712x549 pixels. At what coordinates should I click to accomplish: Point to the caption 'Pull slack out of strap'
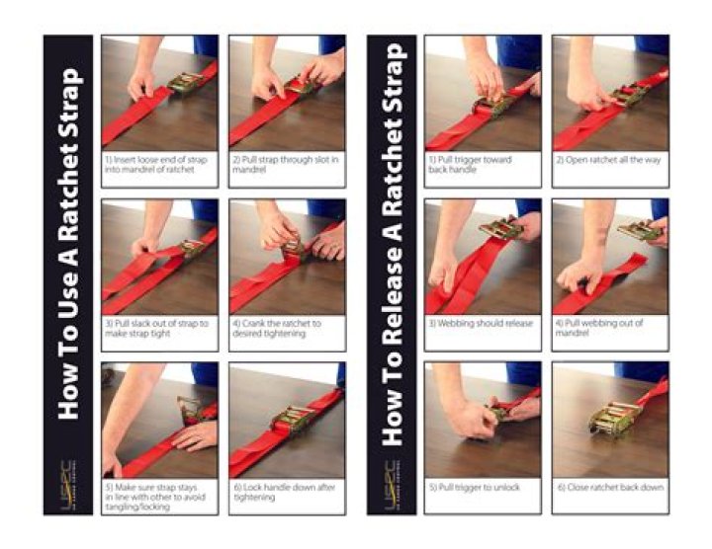[x=156, y=328]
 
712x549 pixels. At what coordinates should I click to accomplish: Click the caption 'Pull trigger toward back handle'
[x=472, y=163]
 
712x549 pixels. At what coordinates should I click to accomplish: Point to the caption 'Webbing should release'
[x=481, y=323]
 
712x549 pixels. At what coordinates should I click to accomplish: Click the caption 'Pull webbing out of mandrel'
[x=602, y=328]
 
